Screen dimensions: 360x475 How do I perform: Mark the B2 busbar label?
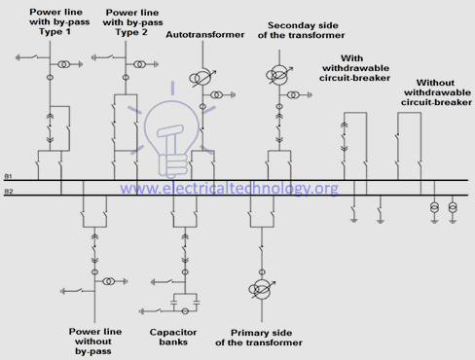tap(9, 191)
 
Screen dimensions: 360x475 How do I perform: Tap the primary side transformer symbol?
tap(260, 290)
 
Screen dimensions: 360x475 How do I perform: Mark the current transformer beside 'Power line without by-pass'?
tap(111, 281)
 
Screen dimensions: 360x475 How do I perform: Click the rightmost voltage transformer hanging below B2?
tap(454, 208)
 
